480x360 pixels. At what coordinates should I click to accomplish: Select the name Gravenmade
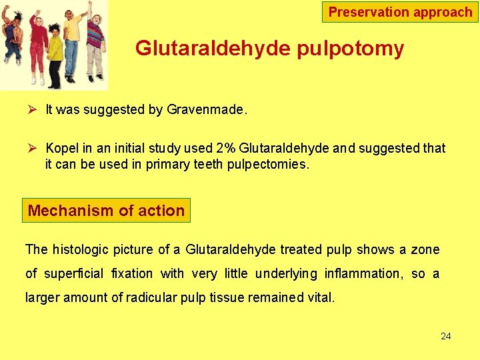pos(206,110)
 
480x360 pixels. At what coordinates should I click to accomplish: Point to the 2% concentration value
pos(225,148)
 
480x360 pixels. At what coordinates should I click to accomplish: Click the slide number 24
pos(445,336)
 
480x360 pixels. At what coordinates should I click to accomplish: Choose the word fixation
pos(132,273)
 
